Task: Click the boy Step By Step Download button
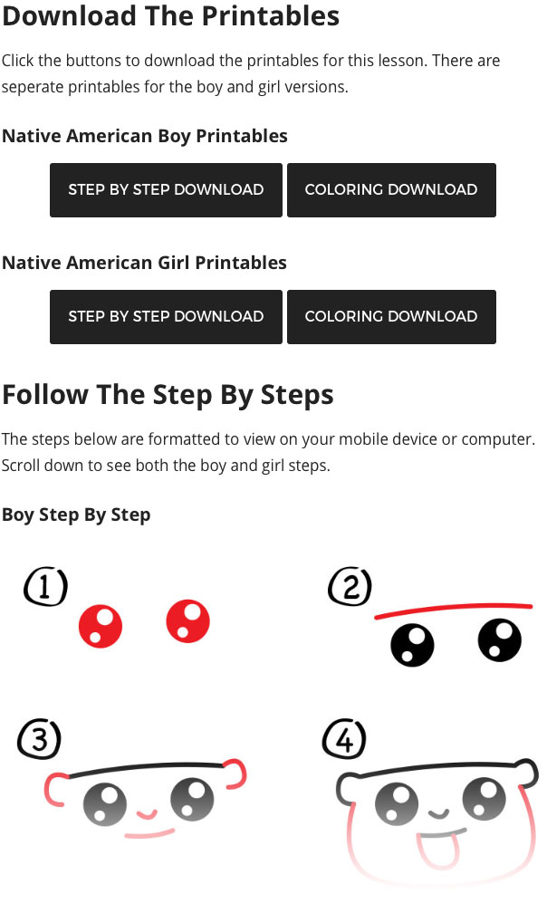pos(166,190)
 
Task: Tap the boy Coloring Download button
pos(391,190)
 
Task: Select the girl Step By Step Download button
pos(166,317)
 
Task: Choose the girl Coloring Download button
pos(391,317)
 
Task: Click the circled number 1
pos(45,586)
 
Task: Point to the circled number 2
pos(350,586)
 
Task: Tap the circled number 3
pos(39,738)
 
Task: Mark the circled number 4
pos(344,738)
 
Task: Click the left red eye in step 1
pos(101,626)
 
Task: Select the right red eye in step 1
pos(187,621)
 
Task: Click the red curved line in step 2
pos(454,609)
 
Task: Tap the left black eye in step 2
pos(412,645)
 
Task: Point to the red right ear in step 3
pos(235,773)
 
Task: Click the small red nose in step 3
pos(147,814)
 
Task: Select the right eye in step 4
pos(485,799)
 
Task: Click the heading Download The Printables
pos(171,16)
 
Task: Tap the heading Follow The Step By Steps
pos(168,394)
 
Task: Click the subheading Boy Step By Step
pos(76,514)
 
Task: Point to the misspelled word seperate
pos(33,87)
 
